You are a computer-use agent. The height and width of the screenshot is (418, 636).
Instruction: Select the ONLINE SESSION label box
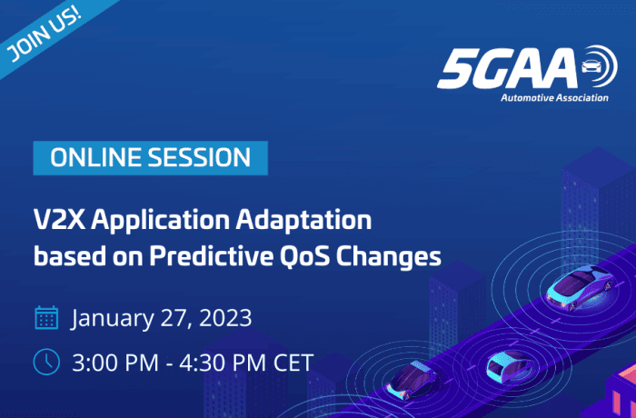click(151, 157)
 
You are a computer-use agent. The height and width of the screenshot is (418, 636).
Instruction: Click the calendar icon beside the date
click(46, 318)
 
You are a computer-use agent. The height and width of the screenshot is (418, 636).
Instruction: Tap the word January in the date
click(114, 319)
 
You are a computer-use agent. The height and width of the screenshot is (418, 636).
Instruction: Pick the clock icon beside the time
click(46, 362)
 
